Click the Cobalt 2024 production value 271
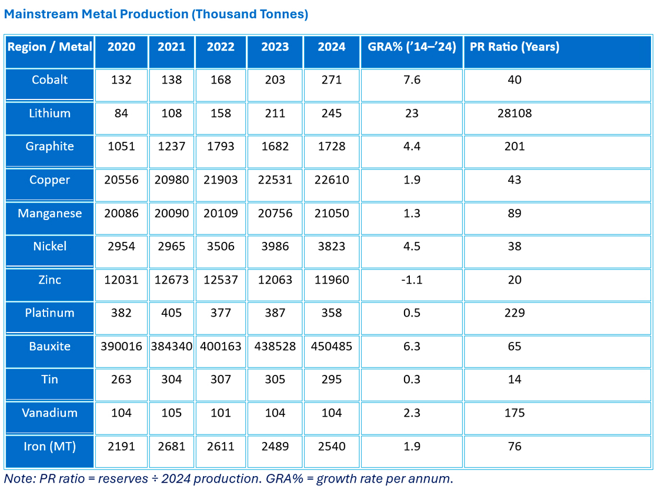pyautogui.click(x=331, y=80)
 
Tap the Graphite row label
pyautogui.click(x=50, y=147)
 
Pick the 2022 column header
pyautogui.click(x=221, y=46)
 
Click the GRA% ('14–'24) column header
pyautogui.click(x=412, y=46)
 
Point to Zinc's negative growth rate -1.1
pyautogui.click(x=412, y=280)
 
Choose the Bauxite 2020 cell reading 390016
pyautogui.click(x=121, y=347)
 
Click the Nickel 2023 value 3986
pyautogui.click(x=275, y=247)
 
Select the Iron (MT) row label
pyautogui.click(x=50, y=447)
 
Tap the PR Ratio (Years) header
pyautogui.click(x=515, y=46)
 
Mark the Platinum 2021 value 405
pyautogui.click(x=172, y=313)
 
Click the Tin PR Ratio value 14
pyautogui.click(x=515, y=380)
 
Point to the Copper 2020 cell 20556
pyautogui.click(x=121, y=179)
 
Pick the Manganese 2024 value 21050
pyautogui.click(x=331, y=213)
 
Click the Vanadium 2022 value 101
pyautogui.click(x=221, y=413)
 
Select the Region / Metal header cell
pyautogui.click(x=50, y=46)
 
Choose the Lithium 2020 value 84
pyautogui.click(x=121, y=113)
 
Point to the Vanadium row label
pyautogui.click(x=50, y=413)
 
